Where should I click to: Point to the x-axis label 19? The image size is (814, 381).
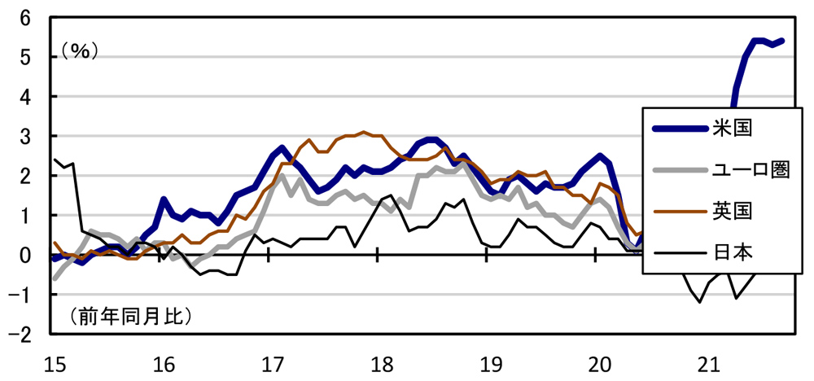(x=487, y=362)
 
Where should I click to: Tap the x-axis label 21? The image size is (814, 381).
(x=704, y=362)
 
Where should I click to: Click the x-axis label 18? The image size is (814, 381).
(x=379, y=362)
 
